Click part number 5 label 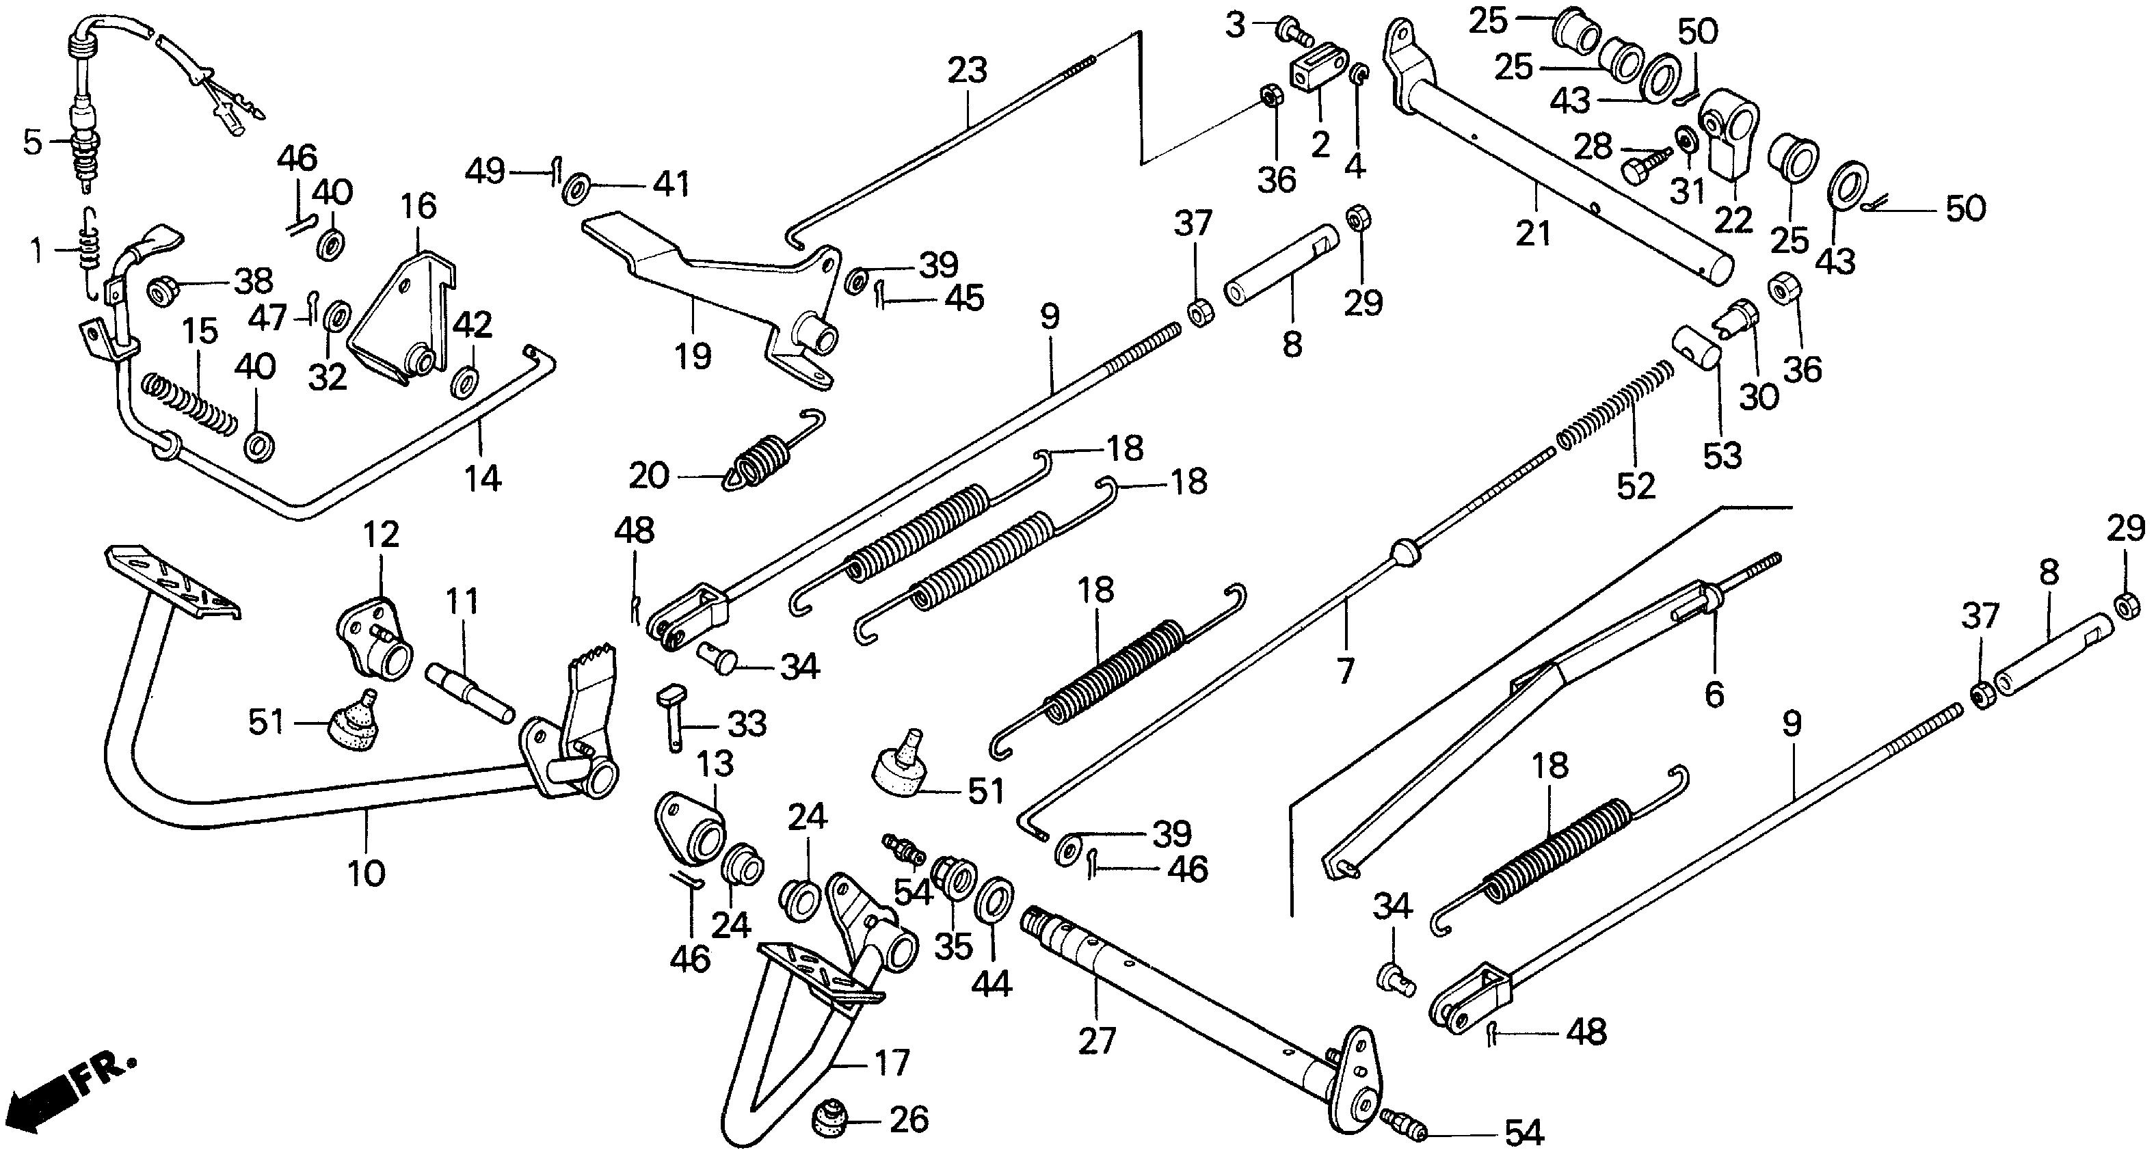pos(32,143)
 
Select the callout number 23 pos(967,70)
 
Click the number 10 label pos(366,873)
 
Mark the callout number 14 pos(483,479)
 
